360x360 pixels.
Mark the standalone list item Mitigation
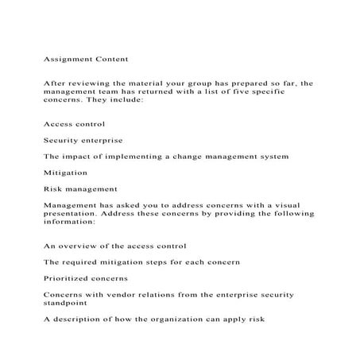click(66, 172)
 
